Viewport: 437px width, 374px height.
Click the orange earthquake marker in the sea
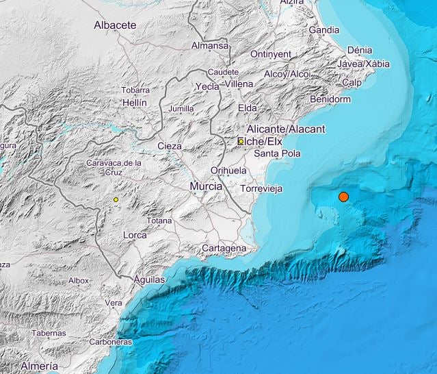343,197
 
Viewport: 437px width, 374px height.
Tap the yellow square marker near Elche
241,141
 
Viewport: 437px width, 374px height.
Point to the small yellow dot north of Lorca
116,199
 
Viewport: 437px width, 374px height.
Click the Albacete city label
115,25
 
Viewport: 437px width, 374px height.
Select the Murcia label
206,186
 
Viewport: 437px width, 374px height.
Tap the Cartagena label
224,247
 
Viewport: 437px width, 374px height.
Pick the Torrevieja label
262,188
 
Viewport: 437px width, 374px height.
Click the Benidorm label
330,99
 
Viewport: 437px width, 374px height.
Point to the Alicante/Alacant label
287,129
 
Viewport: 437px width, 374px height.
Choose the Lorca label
135,235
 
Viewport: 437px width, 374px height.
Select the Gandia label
324,30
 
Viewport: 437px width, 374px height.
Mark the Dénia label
360,50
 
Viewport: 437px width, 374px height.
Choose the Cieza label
170,146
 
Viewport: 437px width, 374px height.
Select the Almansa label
209,45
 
